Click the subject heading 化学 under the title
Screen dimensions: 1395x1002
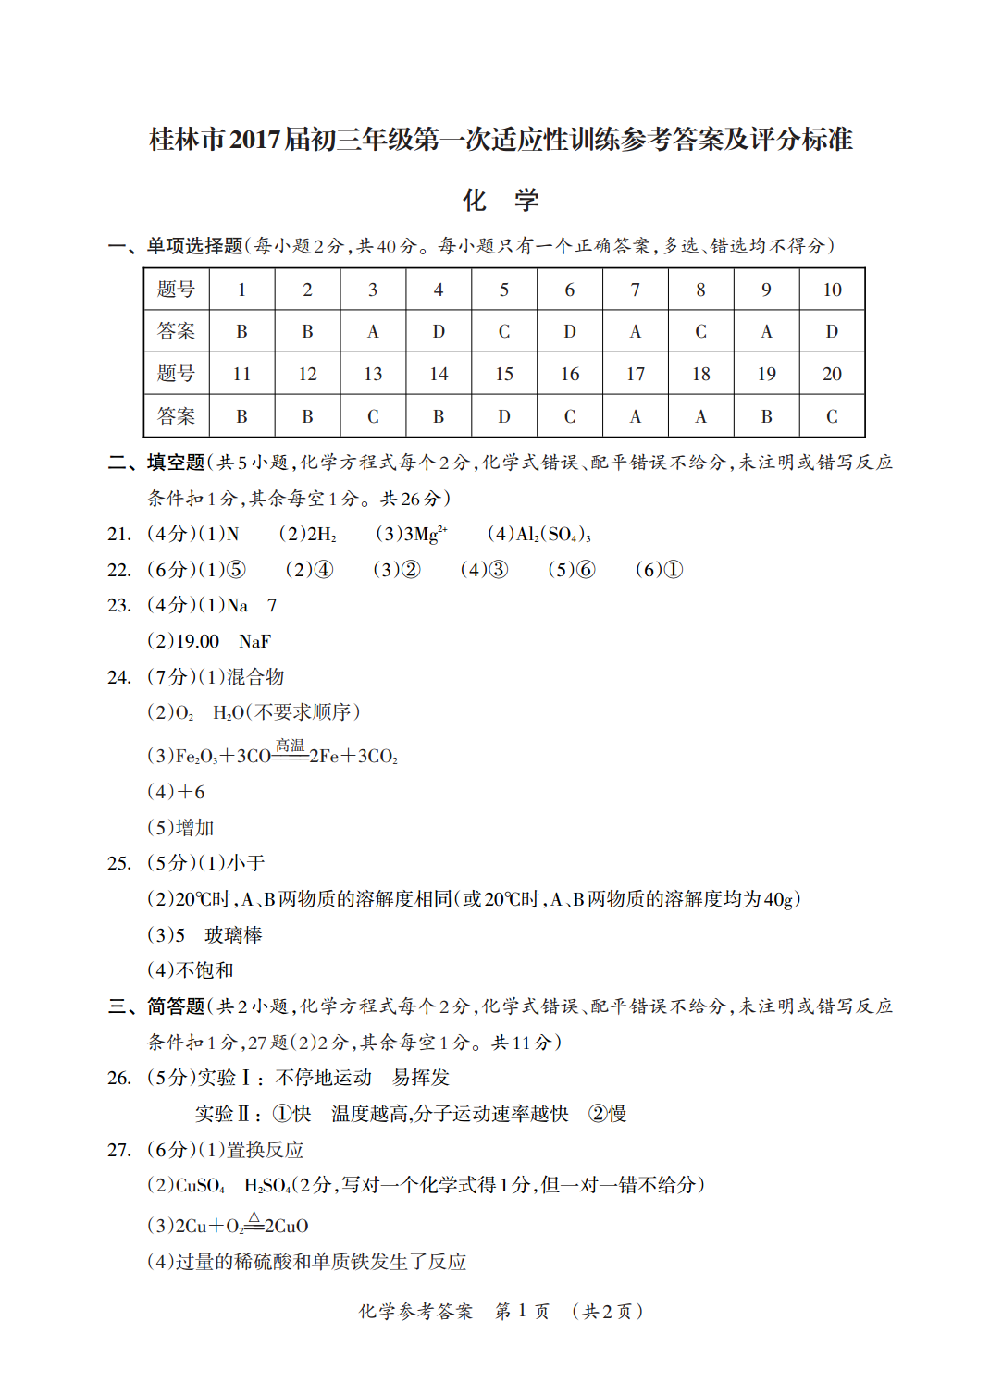[501, 200]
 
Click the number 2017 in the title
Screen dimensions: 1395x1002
[254, 140]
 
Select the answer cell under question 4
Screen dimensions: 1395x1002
[439, 331]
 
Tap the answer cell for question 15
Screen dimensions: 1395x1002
[504, 416]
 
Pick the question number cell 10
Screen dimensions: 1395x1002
[832, 290]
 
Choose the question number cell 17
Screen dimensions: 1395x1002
[636, 374]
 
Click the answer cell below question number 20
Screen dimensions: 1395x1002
[832, 416]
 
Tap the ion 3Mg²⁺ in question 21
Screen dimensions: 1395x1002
[425, 534]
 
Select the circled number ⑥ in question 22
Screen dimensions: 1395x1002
[586, 570]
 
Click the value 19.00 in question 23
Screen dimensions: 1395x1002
[198, 641]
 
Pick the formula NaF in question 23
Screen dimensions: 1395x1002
[254, 641]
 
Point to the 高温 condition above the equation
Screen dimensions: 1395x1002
[290, 745]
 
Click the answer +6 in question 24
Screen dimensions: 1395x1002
[191, 792]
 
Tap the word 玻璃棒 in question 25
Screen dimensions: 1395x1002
[233, 935]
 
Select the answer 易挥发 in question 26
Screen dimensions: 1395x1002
[421, 1078]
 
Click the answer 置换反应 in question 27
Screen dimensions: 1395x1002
[266, 1150]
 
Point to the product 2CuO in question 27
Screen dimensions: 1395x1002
[287, 1226]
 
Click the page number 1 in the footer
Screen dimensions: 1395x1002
[522, 1311]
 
